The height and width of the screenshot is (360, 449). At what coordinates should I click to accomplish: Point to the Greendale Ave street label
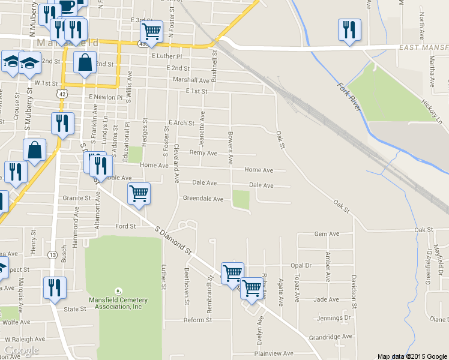tap(203, 199)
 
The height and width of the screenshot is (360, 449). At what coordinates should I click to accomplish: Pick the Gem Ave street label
tap(327, 234)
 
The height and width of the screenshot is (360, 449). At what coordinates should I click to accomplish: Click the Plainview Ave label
tap(273, 353)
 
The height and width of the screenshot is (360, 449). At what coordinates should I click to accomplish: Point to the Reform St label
tap(197, 320)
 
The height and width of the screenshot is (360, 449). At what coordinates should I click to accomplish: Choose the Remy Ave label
tap(203, 153)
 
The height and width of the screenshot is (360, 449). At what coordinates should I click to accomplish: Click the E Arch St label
tap(182, 123)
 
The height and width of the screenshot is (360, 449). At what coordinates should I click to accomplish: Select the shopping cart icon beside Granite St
tap(139, 193)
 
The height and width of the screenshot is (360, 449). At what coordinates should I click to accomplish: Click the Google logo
tap(21, 350)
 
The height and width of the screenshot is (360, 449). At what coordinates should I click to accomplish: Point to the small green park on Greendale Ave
tap(241, 200)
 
